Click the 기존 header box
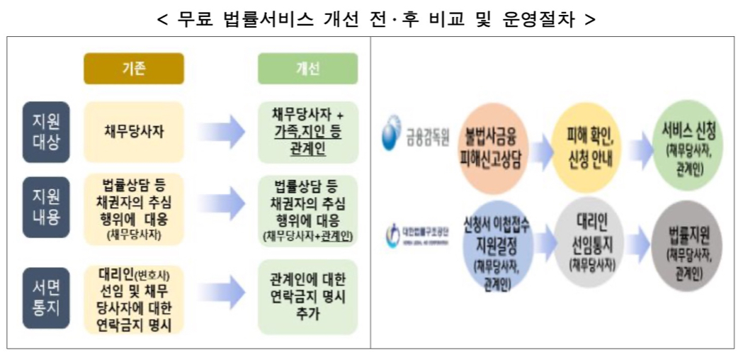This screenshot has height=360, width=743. (x=134, y=69)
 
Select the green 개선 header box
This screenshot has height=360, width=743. (x=307, y=69)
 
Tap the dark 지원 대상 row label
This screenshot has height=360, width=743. (x=45, y=132)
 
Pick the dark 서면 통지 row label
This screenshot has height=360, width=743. (x=45, y=298)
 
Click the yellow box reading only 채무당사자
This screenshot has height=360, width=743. (x=134, y=132)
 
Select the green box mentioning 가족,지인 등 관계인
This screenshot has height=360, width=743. (x=307, y=132)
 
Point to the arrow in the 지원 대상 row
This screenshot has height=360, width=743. (x=221, y=132)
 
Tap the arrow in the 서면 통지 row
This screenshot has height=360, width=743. (x=221, y=298)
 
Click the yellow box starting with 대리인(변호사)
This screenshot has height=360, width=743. (x=134, y=299)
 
